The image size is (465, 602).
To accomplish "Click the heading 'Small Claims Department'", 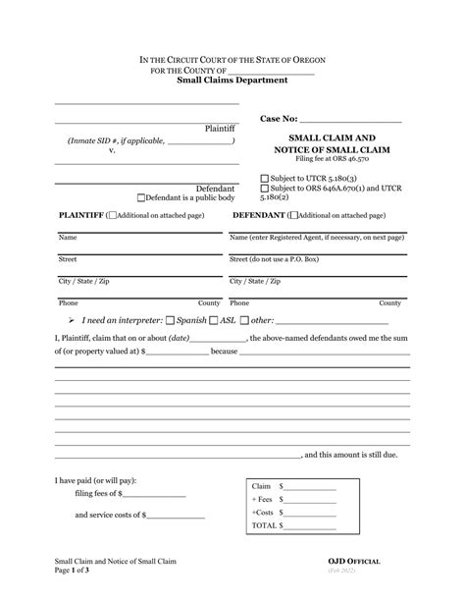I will pos(232,82).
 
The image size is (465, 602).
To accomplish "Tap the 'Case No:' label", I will pos(283,119).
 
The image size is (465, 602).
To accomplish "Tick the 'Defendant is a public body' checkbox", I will pos(141,197).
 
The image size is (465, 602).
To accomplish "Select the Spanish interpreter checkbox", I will pos(172,321).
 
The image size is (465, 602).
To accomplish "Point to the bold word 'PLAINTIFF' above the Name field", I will pos(81,214).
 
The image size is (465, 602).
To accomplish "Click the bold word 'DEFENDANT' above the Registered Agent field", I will pos(259,214).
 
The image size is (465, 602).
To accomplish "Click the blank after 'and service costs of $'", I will pos(176,515).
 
